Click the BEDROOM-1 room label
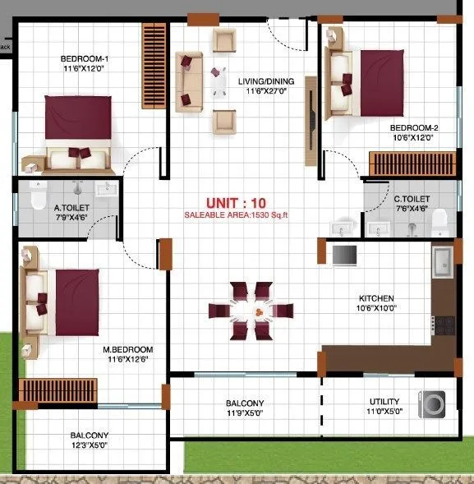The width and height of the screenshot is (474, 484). coord(85,59)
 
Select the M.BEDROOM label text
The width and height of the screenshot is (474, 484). coord(129,349)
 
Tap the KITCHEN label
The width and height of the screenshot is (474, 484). coord(376,297)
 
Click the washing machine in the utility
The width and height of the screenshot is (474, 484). coord(432,403)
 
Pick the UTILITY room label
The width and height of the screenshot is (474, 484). coord(384,403)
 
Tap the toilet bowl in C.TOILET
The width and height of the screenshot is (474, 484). coord(439,217)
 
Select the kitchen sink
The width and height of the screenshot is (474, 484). coord(444,261)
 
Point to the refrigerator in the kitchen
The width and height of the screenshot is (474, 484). coord(344,255)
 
